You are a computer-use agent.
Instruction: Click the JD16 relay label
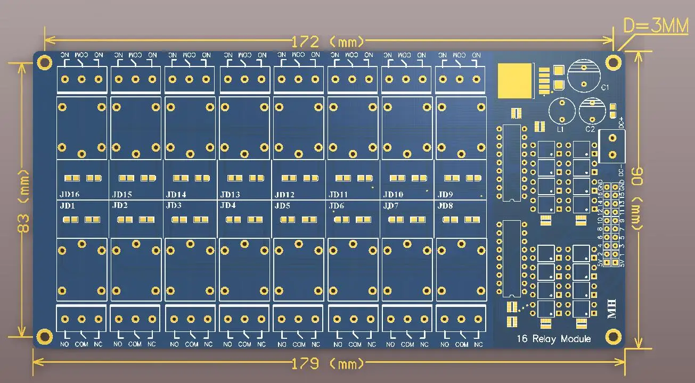70,195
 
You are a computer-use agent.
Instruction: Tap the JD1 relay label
67,205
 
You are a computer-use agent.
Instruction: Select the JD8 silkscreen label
445,205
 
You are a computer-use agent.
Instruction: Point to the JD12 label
285,195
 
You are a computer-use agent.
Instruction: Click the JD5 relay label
282,205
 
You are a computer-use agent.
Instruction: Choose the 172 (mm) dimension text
328,41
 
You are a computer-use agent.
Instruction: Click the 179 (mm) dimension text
328,364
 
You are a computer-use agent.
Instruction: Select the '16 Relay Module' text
553,339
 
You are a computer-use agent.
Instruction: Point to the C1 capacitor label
605,87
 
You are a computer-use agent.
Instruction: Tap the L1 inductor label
560,129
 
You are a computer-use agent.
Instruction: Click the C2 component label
590,129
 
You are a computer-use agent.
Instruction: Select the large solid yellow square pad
515,81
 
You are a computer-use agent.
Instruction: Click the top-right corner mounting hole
614,61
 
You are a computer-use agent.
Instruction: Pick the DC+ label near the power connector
621,123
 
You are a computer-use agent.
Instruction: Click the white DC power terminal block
611,146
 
